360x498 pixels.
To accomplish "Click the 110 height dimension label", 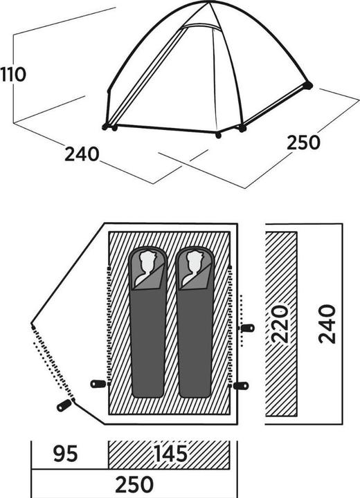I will point(13,74).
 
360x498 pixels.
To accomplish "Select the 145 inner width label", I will point(170,454).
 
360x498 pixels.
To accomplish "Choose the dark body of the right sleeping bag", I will point(194,346).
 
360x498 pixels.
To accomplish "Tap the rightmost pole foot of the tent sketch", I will point(307,86).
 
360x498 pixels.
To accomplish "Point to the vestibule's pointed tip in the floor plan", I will point(33,324).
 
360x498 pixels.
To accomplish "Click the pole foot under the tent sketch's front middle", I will point(219,135).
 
